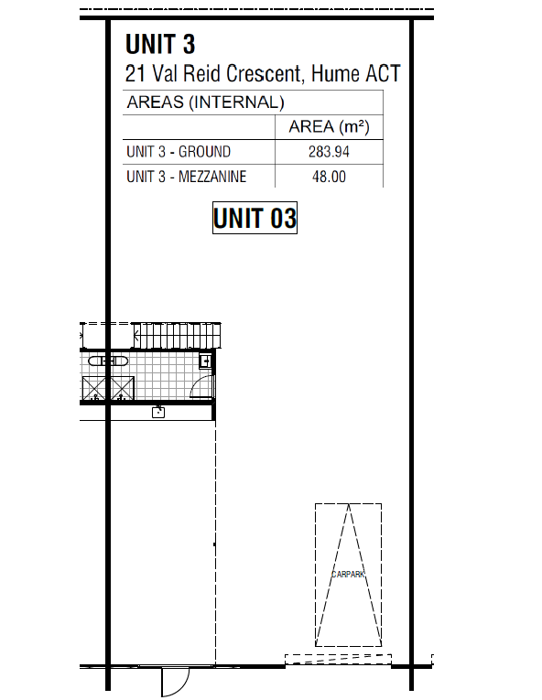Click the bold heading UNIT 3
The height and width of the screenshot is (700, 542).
[x=160, y=44]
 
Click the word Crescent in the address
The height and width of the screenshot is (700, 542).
[x=266, y=74]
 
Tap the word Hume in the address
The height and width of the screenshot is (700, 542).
[x=335, y=74]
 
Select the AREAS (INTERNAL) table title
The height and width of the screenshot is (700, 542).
[x=206, y=102]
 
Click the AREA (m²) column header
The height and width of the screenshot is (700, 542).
[x=329, y=127]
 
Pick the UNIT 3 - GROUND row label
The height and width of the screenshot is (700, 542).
[x=179, y=152]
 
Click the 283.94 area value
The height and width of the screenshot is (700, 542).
[x=329, y=152]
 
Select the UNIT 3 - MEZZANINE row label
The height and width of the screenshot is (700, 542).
[x=187, y=177]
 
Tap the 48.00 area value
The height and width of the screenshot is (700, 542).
[x=329, y=177]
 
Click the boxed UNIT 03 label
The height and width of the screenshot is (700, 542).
[x=255, y=218]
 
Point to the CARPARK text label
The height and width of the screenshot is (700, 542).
[x=348, y=574]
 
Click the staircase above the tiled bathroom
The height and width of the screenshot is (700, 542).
[x=178, y=335]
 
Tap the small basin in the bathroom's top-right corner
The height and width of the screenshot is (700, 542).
[x=206, y=361]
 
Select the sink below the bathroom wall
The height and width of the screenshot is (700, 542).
[x=158, y=412]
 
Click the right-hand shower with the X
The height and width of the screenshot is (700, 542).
[x=122, y=388]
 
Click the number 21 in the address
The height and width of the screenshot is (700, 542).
[x=135, y=74]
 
